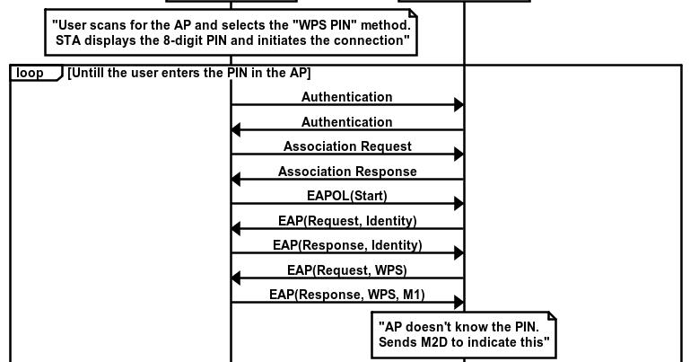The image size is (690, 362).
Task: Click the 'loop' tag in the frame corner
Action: tap(30, 73)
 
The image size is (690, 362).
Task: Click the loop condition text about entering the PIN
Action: tap(188, 73)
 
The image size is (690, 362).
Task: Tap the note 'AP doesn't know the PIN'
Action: tap(464, 333)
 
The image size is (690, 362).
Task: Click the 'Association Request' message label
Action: tap(347, 146)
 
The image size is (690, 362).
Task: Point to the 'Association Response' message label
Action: tap(347, 171)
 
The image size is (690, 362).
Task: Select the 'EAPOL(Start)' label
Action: tap(347, 195)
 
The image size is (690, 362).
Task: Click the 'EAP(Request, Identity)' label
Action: tap(347, 219)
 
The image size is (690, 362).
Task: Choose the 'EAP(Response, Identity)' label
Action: tap(347, 244)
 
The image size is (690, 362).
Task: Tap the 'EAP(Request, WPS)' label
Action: tap(347, 269)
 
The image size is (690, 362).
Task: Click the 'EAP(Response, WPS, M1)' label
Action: tap(347, 294)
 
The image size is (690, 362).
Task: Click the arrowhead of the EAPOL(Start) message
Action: tap(458, 204)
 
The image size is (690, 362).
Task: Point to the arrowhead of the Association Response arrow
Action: tap(237, 180)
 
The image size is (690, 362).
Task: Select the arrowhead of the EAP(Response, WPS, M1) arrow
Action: tap(458, 302)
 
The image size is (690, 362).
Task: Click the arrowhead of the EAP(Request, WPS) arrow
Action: tap(237, 278)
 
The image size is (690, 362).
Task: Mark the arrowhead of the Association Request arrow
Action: tap(458, 155)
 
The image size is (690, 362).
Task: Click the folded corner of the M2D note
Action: tap(551, 317)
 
